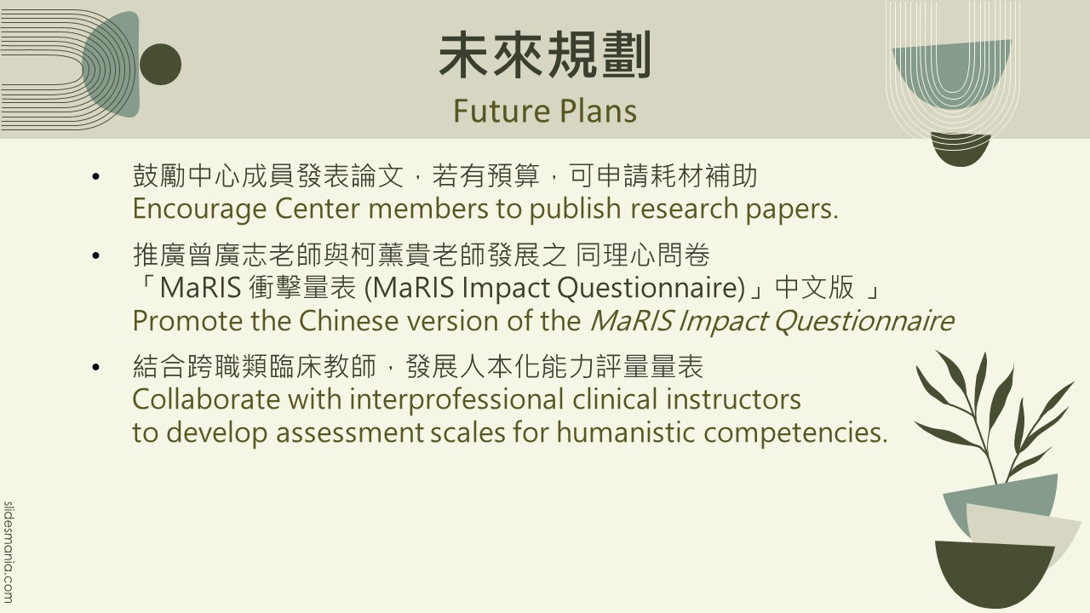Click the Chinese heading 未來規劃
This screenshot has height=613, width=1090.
[545, 54]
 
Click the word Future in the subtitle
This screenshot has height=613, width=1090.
[502, 111]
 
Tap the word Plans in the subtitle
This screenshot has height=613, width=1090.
[598, 111]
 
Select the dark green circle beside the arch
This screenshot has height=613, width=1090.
[161, 64]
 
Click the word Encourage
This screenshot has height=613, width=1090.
[199, 209]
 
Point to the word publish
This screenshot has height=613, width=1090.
[575, 209]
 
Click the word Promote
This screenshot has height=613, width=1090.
[186, 321]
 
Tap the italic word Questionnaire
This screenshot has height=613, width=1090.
[863, 321]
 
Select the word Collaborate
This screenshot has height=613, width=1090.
[206, 399]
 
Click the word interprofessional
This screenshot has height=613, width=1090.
[456, 400]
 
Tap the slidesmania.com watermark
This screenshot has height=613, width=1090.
[9, 553]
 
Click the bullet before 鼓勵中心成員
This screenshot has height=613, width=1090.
[95, 176]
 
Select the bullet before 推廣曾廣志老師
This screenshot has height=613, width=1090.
[95, 255]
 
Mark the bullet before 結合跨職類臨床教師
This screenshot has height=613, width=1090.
[95, 367]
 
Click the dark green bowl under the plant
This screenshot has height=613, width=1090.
[993, 571]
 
